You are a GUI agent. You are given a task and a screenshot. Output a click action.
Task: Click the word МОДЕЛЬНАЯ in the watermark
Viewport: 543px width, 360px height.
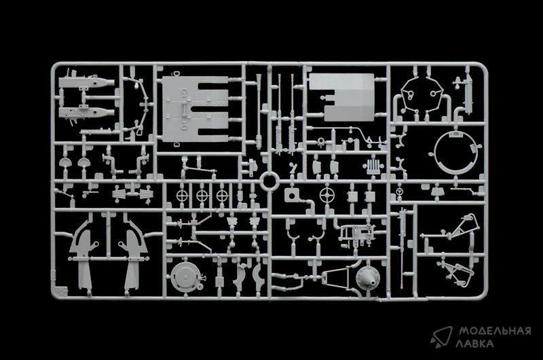coord(495,331)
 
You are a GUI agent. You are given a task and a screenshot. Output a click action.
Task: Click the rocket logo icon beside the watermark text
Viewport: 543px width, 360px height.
coord(442,336)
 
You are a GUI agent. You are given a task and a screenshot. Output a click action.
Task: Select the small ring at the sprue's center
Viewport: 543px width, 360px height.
coord(269,181)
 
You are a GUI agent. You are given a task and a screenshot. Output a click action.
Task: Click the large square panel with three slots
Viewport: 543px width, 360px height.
coord(195,109)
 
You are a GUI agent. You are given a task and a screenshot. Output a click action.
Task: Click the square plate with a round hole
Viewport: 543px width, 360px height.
coord(292,196)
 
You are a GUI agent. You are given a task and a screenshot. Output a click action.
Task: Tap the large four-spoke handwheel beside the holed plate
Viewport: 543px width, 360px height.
coord(326,196)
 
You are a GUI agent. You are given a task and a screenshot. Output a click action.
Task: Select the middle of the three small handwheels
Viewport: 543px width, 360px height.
coord(202,196)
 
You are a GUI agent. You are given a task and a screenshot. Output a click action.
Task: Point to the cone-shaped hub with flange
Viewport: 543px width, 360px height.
coord(368,277)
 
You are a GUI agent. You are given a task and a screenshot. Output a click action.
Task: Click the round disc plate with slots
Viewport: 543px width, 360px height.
coord(183,277)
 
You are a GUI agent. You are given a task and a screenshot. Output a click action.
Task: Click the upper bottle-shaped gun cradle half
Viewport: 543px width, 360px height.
coord(86,83)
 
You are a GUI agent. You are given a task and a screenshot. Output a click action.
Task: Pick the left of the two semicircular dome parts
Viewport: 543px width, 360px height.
coord(64,162)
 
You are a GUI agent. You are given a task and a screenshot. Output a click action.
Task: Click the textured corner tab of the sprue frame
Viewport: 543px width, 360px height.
coord(60,291)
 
